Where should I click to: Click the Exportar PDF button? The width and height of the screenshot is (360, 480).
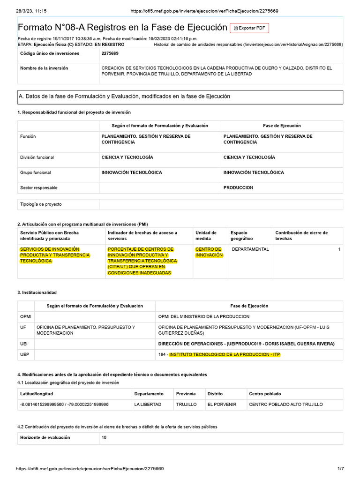pos(249,28)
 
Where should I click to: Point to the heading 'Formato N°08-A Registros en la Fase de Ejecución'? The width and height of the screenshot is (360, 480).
pos(122,28)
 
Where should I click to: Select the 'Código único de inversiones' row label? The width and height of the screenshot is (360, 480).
pos(50,53)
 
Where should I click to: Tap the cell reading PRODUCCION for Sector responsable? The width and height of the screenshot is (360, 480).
pos(238,187)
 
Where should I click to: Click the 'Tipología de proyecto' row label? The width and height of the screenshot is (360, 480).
pos(41,204)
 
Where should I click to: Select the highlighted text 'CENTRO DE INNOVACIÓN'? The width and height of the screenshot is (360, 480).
pos(208,252)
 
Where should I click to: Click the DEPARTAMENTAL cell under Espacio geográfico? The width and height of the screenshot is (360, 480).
pos(250,249)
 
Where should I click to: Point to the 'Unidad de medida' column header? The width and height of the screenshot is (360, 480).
pos(206,235)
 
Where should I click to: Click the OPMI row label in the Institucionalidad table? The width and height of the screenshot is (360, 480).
pos(26,317)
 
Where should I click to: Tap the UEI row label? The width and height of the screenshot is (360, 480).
pos(24,344)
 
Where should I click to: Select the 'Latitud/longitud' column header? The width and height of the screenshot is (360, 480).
pos(37,394)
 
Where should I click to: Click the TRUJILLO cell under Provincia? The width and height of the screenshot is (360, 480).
pos(186,404)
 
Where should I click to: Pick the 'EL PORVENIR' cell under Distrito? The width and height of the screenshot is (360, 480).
pos(222,404)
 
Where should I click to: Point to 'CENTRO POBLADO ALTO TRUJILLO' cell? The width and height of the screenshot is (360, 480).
pos(286,404)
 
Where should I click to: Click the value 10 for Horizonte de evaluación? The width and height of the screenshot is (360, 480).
pos(104,437)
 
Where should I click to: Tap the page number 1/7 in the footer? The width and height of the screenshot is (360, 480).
pos(341,469)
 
